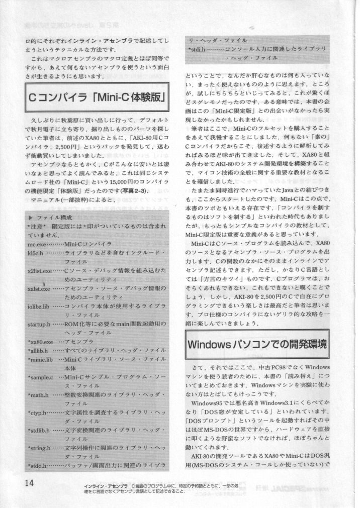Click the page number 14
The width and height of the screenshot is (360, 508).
click(x=29, y=482)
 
